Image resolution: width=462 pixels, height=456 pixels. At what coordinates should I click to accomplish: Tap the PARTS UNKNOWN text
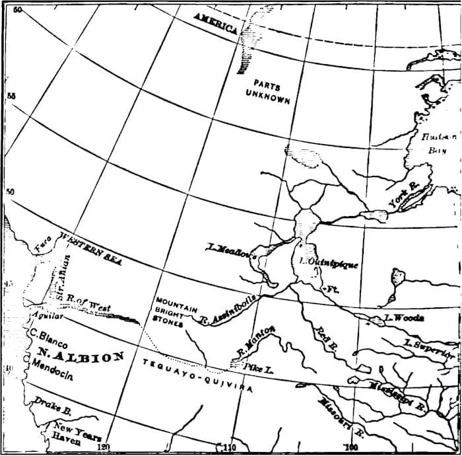(267, 93)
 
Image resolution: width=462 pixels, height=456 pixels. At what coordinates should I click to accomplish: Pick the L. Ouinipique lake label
(330, 263)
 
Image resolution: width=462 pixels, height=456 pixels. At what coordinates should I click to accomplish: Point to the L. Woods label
(404, 318)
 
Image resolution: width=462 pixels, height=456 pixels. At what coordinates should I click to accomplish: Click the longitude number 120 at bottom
(102, 447)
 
